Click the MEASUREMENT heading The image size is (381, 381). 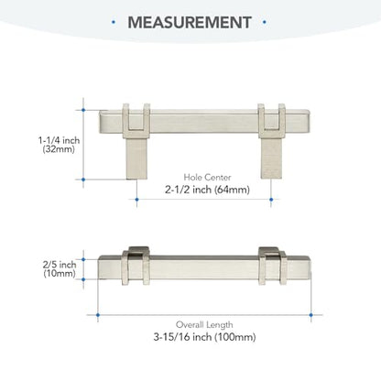[190, 22]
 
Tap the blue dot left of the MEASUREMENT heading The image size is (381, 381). [114, 22]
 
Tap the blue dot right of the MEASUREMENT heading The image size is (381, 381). [265, 22]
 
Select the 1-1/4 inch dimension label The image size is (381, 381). [59, 140]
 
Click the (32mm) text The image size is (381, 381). [59, 149]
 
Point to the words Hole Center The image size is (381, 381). [207, 177]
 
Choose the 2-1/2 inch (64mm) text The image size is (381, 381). [207, 190]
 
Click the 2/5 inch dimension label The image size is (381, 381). [60, 265]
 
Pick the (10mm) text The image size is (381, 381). [60, 273]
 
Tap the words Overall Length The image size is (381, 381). [204, 324]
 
